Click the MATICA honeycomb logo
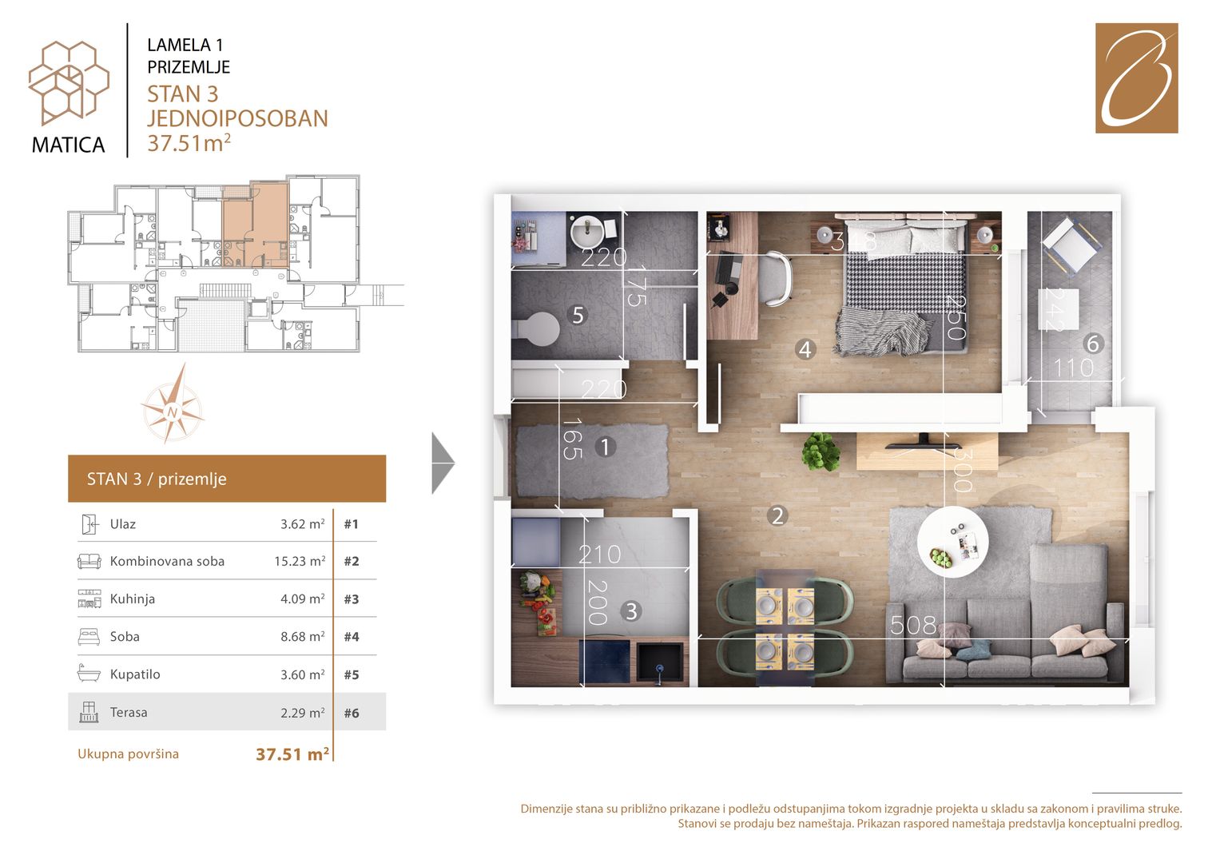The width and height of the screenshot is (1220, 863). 69,82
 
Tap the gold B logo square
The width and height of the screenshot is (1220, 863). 1137,78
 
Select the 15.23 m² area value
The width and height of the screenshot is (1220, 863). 300,561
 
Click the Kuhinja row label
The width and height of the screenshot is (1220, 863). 133,599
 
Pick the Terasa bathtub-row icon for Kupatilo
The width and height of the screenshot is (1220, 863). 89,674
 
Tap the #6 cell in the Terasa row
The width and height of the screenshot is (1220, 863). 352,713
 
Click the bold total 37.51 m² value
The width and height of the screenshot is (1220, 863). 292,754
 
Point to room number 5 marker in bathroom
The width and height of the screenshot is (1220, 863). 578,315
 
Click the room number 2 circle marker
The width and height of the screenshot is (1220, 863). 777,515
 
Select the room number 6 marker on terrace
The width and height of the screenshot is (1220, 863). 1092,344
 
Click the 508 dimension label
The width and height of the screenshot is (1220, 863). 913,626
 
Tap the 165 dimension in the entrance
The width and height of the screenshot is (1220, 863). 572,439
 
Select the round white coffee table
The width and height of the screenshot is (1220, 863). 952,542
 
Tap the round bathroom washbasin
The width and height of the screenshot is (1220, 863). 587,232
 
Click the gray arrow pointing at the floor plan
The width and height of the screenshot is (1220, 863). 443,463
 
